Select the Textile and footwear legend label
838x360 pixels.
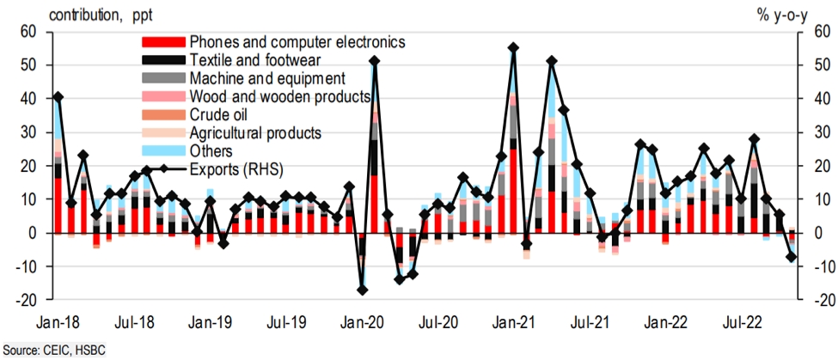click(255, 60)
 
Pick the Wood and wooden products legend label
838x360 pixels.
click(279, 96)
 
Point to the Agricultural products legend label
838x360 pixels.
click(255, 132)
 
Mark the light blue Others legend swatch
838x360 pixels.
click(162, 150)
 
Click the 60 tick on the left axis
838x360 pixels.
click(29, 32)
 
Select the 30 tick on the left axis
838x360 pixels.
click(29, 132)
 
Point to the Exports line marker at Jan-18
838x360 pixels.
click(58, 96)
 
